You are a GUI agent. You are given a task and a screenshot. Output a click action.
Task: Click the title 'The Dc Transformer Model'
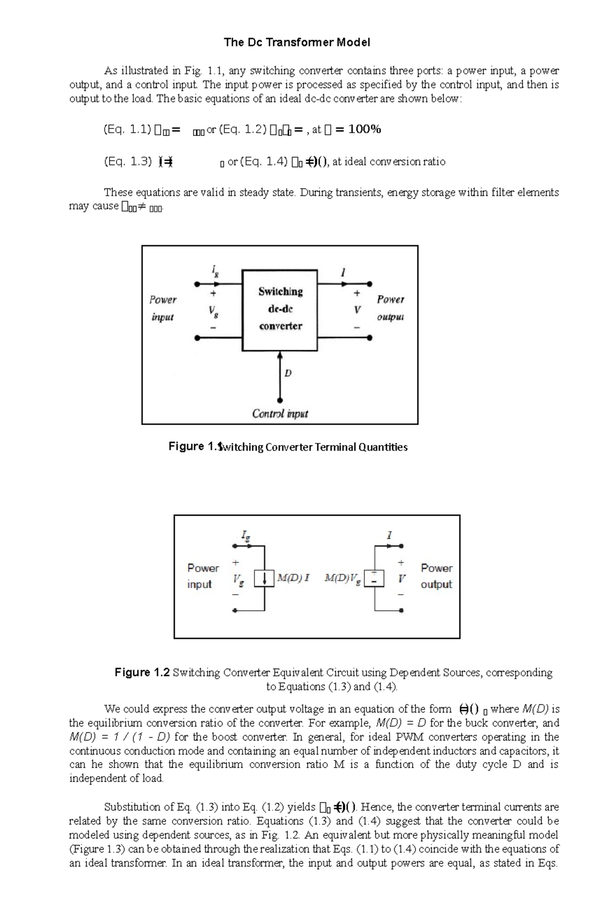pyautogui.click(x=297, y=43)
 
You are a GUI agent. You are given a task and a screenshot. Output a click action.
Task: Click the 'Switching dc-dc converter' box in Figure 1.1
pyautogui.click(x=280, y=310)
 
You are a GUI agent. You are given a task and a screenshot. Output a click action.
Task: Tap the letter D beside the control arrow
pyautogui.click(x=288, y=373)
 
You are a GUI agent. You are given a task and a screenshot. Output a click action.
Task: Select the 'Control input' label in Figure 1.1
pyautogui.click(x=280, y=414)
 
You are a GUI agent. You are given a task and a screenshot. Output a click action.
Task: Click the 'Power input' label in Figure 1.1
pyautogui.click(x=163, y=308)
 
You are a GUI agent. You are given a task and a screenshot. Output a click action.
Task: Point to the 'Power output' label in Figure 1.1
pyautogui.click(x=390, y=308)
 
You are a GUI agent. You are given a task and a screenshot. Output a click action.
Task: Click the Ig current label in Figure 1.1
pyautogui.click(x=215, y=271)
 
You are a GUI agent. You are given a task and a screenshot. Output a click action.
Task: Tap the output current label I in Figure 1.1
pyautogui.click(x=343, y=272)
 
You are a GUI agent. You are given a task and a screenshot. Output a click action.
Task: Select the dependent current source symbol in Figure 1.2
pyautogui.click(x=265, y=579)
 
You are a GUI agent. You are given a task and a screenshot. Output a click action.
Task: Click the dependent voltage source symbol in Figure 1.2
pyautogui.click(x=374, y=578)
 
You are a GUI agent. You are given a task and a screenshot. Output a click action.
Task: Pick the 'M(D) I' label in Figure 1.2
pyautogui.click(x=294, y=578)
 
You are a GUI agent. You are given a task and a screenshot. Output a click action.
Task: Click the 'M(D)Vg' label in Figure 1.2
pyautogui.click(x=343, y=579)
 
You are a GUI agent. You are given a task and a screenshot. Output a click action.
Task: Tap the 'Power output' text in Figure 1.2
pyautogui.click(x=436, y=576)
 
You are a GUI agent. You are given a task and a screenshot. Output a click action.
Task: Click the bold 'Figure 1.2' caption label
pyautogui.click(x=142, y=672)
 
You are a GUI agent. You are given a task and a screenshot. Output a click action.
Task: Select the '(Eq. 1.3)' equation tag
pyautogui.click(x=127, y=161)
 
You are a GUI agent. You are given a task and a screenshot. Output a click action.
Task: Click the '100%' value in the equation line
pyautogui.click(x=364, y=129)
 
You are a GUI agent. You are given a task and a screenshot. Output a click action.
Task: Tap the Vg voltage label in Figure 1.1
pyautogui.click(x=213, y=311)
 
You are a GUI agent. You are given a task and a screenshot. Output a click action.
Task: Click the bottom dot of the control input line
pyautogui.click(x=280, y=400)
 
